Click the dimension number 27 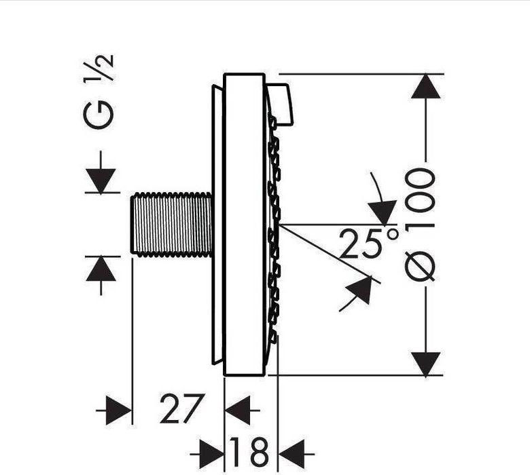182,408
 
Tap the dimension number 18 249,451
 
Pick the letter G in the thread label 98,115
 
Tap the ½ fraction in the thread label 99,69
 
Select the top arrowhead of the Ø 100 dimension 425,86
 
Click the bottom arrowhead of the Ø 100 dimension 425,364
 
